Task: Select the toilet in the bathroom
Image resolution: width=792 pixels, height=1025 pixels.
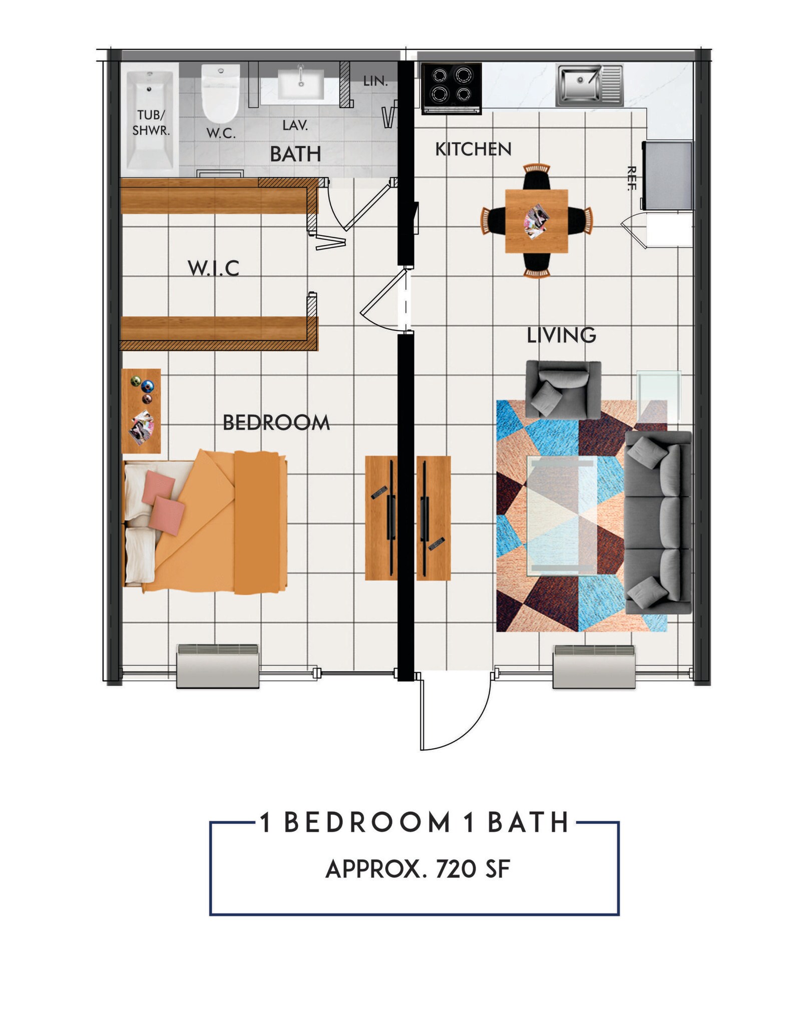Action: tap(220, 94)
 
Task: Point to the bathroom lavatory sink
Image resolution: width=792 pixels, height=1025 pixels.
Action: tap(300, 82)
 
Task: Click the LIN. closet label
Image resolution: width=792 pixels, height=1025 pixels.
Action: tap(375, 81)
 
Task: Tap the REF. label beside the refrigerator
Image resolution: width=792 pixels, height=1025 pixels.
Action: tap(631, 178)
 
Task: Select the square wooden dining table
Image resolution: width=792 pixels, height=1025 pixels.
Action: tap(536, 221)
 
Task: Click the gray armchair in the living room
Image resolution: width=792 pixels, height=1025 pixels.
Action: tap(563, 389)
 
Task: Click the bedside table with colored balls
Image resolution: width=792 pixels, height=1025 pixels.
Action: tap(142, 410)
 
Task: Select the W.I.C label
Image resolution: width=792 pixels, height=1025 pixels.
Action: tap(213, 269)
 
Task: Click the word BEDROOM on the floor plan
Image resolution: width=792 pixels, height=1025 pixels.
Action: tap(276, 423)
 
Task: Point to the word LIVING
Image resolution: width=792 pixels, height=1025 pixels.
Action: tap(561, 335)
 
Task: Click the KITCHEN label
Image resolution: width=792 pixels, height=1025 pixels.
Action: tap(473, 149)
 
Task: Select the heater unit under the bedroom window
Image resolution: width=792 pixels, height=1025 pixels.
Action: tap(218, 666)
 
